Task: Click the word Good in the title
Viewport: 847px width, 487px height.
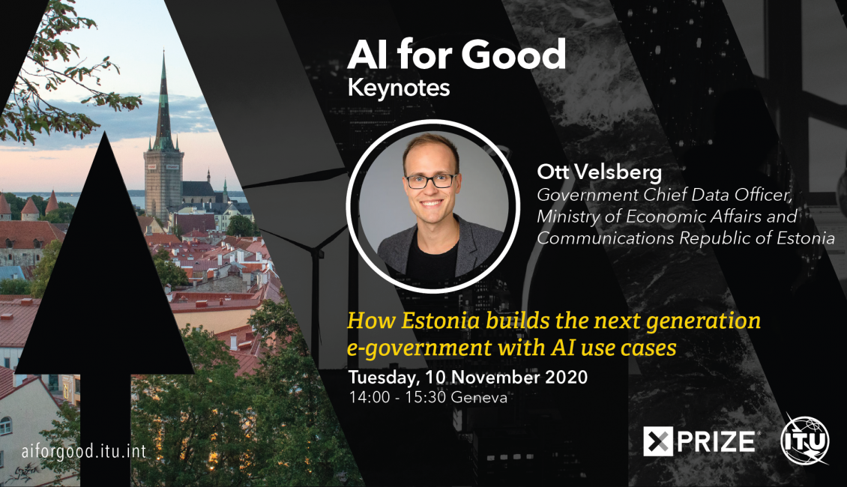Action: pos(513,55)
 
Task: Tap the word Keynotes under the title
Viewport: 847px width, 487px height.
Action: pos(399,88)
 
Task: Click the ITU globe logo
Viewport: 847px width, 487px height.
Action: pos(805,440)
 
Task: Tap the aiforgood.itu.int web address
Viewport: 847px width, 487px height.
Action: pos(84,451)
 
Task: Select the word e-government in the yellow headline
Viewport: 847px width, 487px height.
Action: pos(419,349)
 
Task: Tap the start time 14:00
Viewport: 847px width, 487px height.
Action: pos(370,397)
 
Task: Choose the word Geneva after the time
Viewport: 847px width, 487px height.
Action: pos(479,397)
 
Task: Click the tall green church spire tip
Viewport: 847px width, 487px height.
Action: pos(163,51)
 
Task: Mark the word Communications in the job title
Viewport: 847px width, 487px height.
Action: pos(605,238)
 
